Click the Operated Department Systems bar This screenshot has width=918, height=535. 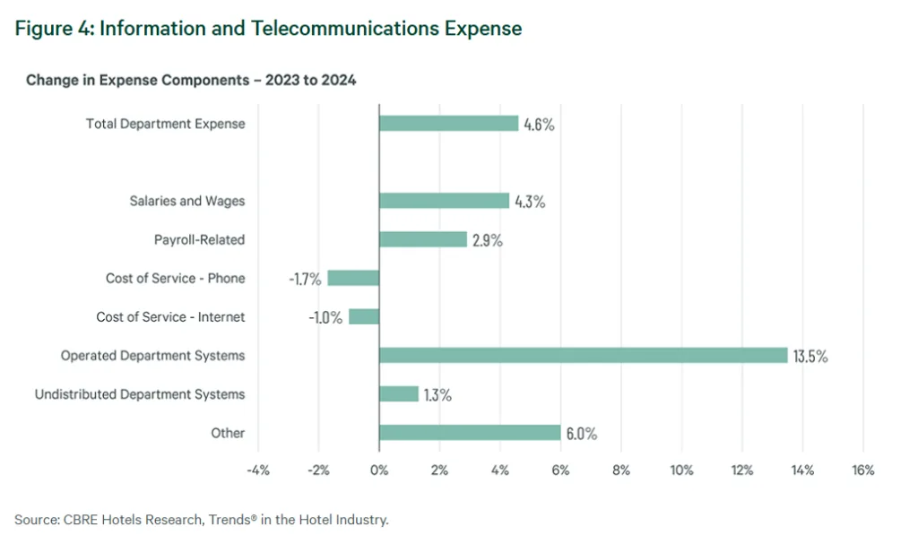(583, 356)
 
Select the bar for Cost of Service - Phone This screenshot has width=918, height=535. (353, 278)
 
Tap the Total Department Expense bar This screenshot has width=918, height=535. (448, 124)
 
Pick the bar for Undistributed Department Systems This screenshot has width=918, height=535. (399, 394)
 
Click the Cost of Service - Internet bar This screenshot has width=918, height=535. (364, 316)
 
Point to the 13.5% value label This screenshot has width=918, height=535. (810, 356)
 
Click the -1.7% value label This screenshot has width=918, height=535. (305, 278)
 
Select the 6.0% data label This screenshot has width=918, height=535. (580, 434)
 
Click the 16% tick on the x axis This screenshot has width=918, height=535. (862, 470)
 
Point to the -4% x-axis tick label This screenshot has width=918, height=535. (258, 470)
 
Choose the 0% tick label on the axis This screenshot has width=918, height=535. (379, 470)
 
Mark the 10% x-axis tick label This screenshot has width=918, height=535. (681, 470)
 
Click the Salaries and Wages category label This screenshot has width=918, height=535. (186, 201)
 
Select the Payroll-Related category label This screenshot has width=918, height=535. (199, 239)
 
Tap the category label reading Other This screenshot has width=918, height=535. (228, 433)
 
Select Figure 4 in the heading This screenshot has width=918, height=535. (53, 28)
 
